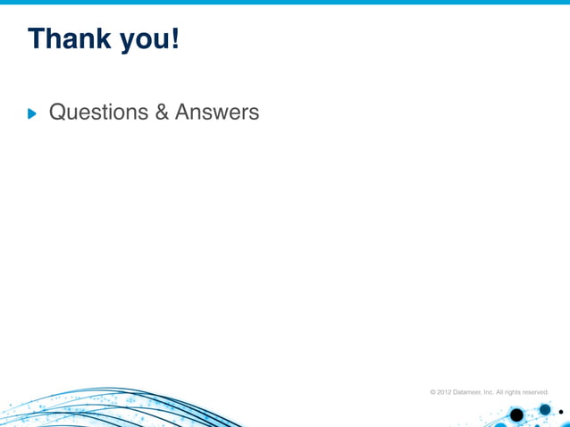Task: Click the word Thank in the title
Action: pyautogui.click(x=71, y=38)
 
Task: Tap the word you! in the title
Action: pyautogui.click(x=150, y=40)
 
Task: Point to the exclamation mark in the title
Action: pyautogui.click(x=175, y=38)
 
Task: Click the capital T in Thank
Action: pyautogui.click(x=37, y=38)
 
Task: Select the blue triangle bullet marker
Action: pyautogui.click(x=34, y=113)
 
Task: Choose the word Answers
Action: pyautogui.click(x=217, y=113)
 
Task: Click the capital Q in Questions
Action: pyautogui.click(x=59, y=113)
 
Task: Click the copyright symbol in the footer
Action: pyautogui.click(x=433, y=391)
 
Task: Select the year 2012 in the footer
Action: pyautogui.click(x=444, y=391)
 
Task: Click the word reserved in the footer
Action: pyautogui.click(x=536, y=391)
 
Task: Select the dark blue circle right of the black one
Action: pyautogui.click(x=545, y=410)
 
